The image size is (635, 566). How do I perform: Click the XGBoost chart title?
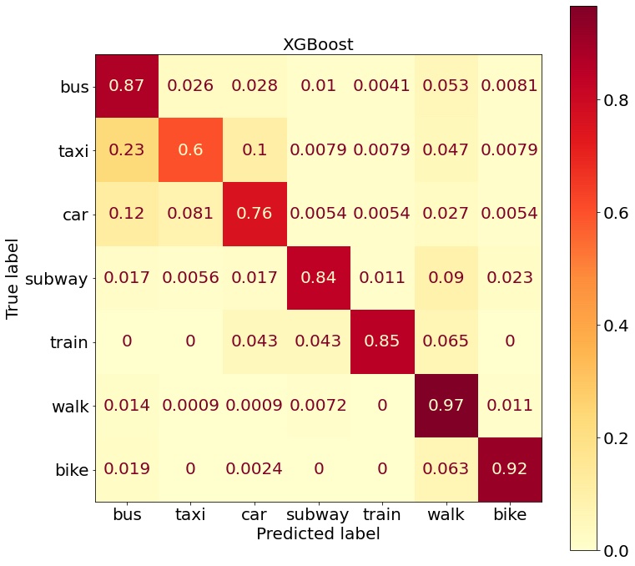click(x=318, y=44)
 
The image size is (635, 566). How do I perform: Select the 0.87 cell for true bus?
click(x=127, y=87)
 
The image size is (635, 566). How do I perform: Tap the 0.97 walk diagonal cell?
click(x=446, y=406)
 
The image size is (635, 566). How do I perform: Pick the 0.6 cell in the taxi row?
click(x=190, y=151)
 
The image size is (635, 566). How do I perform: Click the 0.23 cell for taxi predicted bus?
click(x=127, y=151)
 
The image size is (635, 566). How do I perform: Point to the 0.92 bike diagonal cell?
click(x=509, y=469)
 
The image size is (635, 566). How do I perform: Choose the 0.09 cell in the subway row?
click(x=446, y=278)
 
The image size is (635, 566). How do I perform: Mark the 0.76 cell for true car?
click(x=255, y=215)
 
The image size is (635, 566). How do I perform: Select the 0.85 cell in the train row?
click(x=382, y=341)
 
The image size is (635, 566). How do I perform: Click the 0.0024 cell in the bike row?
click(x=255, y=469)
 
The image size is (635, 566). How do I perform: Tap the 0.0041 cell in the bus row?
click(x=382, y=87)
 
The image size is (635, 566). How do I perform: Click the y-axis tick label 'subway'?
click(x=58, y=278)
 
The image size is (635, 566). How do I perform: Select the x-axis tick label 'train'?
click(x=382, y=514)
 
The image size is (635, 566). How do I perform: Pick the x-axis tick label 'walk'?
click(x=446, y=514)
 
